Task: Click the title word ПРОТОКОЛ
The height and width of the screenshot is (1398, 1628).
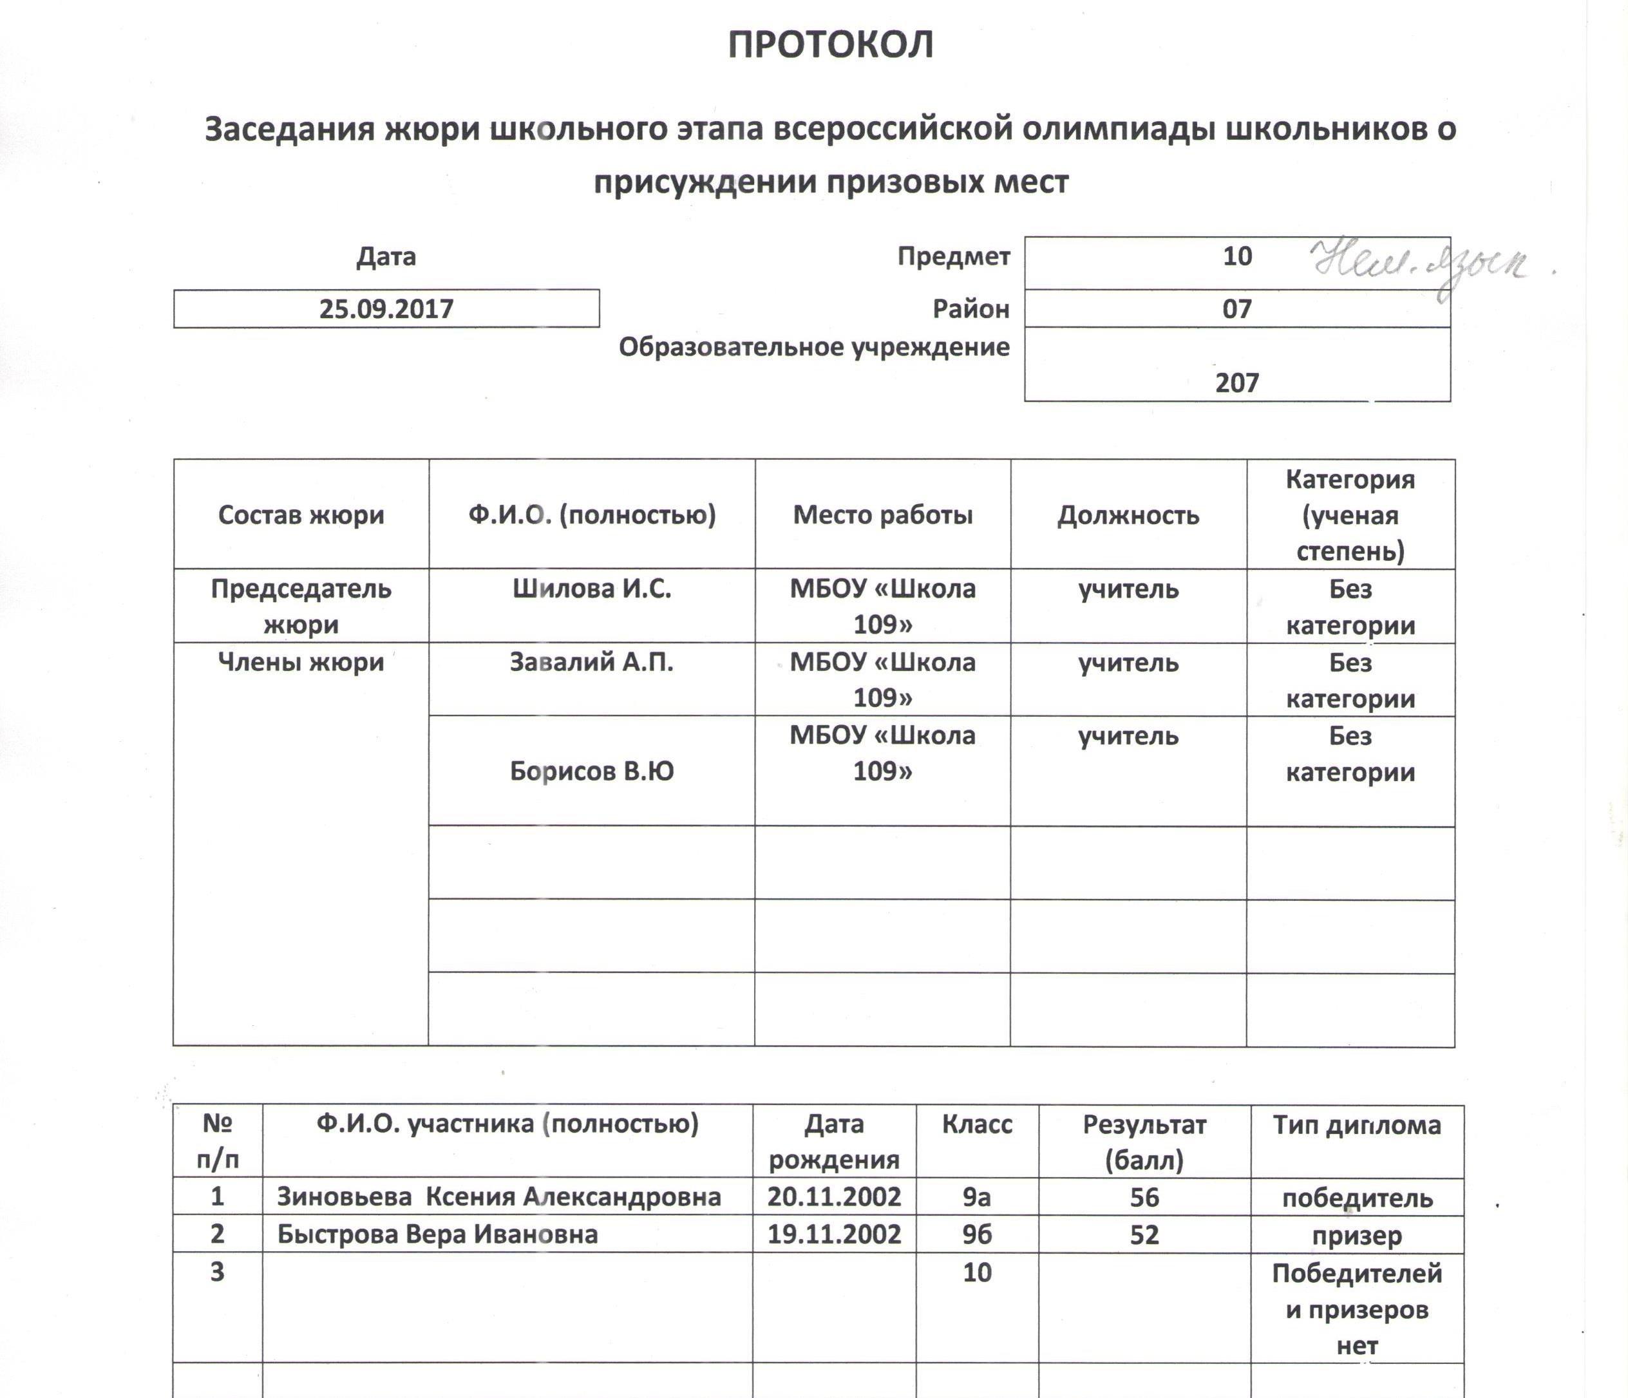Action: (x=831, y=45)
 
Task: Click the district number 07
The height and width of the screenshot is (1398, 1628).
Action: (x=1236, y=309)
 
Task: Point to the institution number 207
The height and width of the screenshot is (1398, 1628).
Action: (x=1236, y=383)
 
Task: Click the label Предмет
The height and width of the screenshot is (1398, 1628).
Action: (x=953, y=256)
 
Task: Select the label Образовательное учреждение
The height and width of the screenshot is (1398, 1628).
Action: (x=814, y=346)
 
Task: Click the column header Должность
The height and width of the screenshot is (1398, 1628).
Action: (x=1128, y=516)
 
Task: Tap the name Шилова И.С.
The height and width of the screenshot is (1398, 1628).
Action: (x=592, y=589)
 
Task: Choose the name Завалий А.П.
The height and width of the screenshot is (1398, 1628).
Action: (x=592, y=662)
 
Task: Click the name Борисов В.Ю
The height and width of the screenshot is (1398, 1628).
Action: (x=592, y=771)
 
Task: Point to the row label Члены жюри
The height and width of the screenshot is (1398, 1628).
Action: (x=301, y=662)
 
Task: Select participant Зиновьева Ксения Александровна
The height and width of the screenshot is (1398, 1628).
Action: (x=499, y=1197)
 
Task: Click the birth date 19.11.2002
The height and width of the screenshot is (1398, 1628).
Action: (x=834, y=1234)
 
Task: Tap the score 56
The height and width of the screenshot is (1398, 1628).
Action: (x=1144, y=1197)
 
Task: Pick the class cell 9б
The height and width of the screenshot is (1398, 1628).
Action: (x=977, y=1234)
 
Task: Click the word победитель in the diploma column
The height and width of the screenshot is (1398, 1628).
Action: (x=1357, y=1198)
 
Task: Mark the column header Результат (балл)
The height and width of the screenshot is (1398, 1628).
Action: (x=1144, y=1142)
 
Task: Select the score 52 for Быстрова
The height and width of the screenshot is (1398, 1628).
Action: (x=1144, y=1234)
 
